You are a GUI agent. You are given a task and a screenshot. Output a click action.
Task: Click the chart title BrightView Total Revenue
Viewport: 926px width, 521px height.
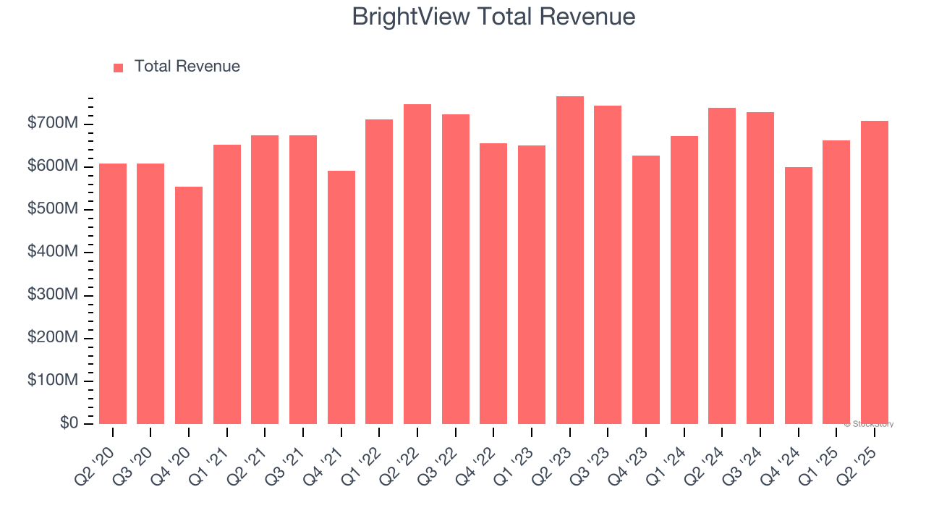(x=493, y=17)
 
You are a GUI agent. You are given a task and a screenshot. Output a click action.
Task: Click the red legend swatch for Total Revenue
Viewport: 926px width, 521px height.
(x=119, y=67)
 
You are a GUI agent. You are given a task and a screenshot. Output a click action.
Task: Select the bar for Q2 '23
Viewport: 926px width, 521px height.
(x=569, y=260)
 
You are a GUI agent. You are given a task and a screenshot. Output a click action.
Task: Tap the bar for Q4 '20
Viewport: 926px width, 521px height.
(x=189, y=305)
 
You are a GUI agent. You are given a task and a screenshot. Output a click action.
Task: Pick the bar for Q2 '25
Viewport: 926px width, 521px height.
(x=874, y=272)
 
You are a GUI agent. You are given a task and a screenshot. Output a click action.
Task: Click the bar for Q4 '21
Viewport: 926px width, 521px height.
(x=341, y=297)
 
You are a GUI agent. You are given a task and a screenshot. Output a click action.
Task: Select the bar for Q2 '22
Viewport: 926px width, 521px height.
(x=417, y=264)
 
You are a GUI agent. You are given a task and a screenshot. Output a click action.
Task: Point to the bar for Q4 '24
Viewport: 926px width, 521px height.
(x=798, y=295)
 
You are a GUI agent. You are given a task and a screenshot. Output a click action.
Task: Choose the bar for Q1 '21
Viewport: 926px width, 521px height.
(x=226, y=284)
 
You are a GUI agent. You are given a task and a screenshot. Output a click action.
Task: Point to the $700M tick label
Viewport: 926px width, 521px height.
(x=52, y=124)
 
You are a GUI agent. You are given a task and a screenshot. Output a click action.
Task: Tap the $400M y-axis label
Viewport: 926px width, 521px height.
(x=52, y=252)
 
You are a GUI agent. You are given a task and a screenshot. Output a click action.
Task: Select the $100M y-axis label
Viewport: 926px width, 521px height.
(x=52, y=380)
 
